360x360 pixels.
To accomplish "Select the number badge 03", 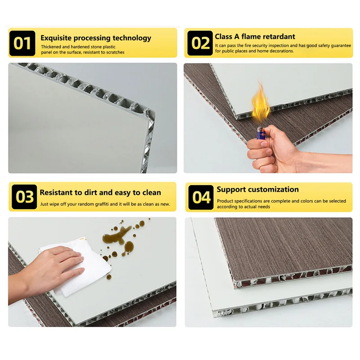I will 24,197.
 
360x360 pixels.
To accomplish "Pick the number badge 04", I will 201,197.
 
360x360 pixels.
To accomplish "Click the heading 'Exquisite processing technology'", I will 96,38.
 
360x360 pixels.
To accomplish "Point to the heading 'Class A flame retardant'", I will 255,36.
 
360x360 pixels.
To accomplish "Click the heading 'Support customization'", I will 257,189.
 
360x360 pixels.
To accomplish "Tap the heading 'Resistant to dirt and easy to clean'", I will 100,192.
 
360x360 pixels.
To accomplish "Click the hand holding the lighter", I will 270,153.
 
